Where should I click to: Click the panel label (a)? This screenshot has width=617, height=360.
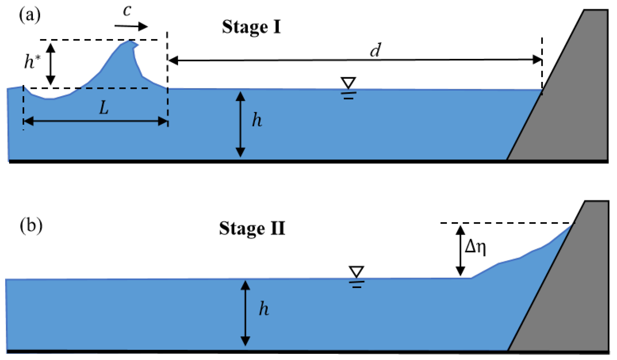pos(30,15)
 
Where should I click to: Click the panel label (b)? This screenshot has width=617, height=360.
pos(31,226)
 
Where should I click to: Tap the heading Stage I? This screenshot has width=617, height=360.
pos(251,27)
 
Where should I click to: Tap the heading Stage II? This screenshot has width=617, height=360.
pos(252,229)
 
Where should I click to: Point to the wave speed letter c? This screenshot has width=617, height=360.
pos(127,11)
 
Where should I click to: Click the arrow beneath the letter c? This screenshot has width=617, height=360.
pos(131,26)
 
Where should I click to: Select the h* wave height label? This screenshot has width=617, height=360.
pos(32,61)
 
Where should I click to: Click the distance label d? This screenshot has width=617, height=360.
pos(376,50)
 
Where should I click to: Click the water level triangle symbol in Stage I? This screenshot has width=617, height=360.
pos(348,83)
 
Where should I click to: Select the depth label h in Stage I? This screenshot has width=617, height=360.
pos(257,120)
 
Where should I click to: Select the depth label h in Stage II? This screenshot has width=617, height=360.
pos(264,309)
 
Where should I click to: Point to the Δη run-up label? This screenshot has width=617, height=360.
pos(475,247)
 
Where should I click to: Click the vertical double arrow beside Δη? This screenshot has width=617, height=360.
pos(460,251)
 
